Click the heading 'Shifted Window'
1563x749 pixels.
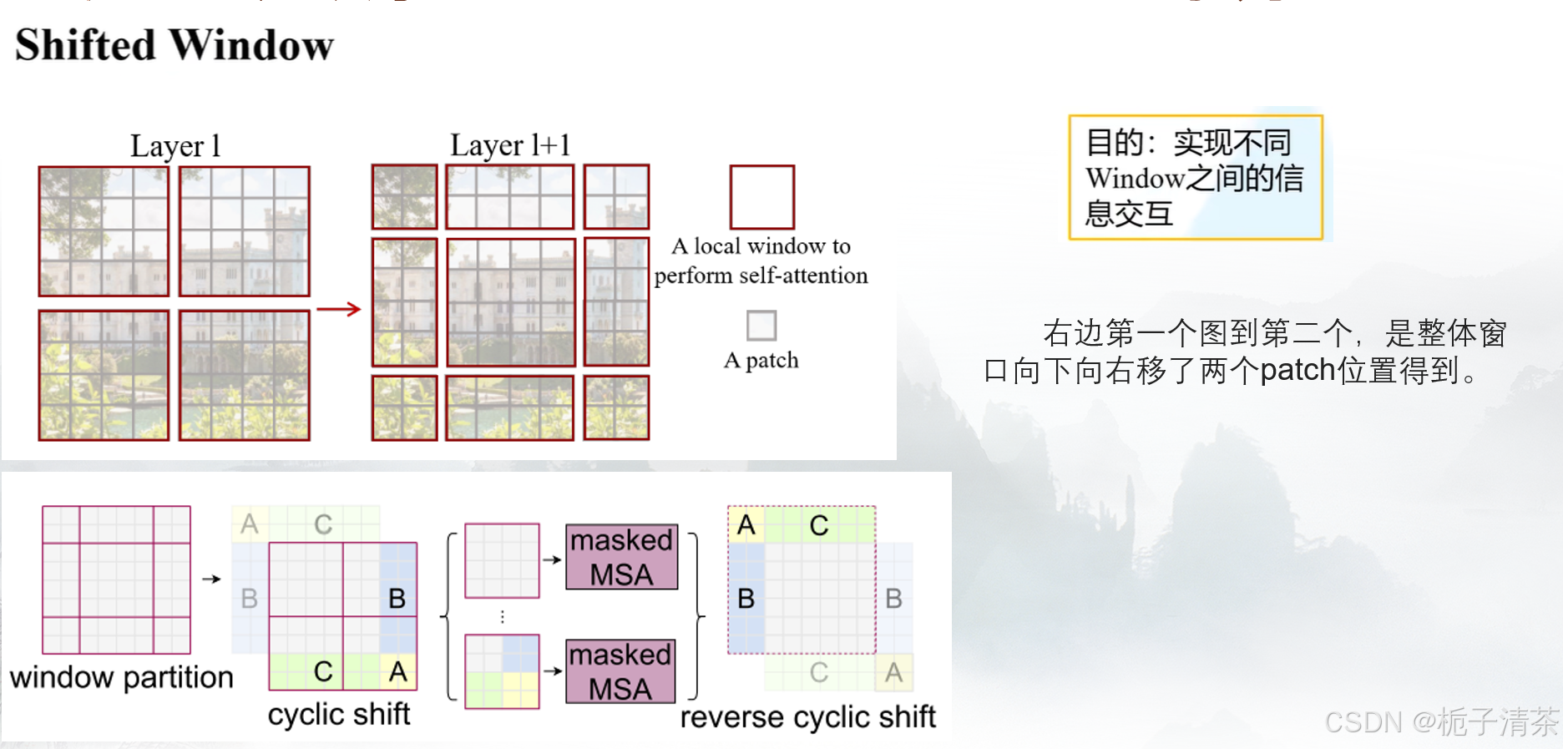coord(175,45)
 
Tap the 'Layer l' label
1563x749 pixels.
coord(175,146)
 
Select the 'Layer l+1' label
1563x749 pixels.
coord(510,145)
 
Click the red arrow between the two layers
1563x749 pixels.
coord(339,309)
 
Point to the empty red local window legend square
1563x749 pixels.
coord(761,197)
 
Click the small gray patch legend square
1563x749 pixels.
coord(761,326)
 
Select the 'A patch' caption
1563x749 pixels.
coord(761,360)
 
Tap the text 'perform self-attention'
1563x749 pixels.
coord(761,276)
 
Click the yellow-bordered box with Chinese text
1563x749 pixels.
coord(1196,178)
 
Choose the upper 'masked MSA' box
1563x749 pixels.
coord(621,557)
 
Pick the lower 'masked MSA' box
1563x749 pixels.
coord(620,671)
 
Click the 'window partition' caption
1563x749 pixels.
coord(122,677)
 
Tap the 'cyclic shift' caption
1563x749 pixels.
coord(339,715)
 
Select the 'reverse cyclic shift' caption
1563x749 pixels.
coord(807,717)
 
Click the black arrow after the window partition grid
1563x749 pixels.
coord(211,579)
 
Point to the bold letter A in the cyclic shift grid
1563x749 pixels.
coord(398,671)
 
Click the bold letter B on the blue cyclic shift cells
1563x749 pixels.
coord(397,599)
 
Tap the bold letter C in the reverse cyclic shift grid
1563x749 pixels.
coord(819,525)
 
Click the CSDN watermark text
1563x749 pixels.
coord(1441,722)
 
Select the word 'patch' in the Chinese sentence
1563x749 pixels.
coord(1297,370)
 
